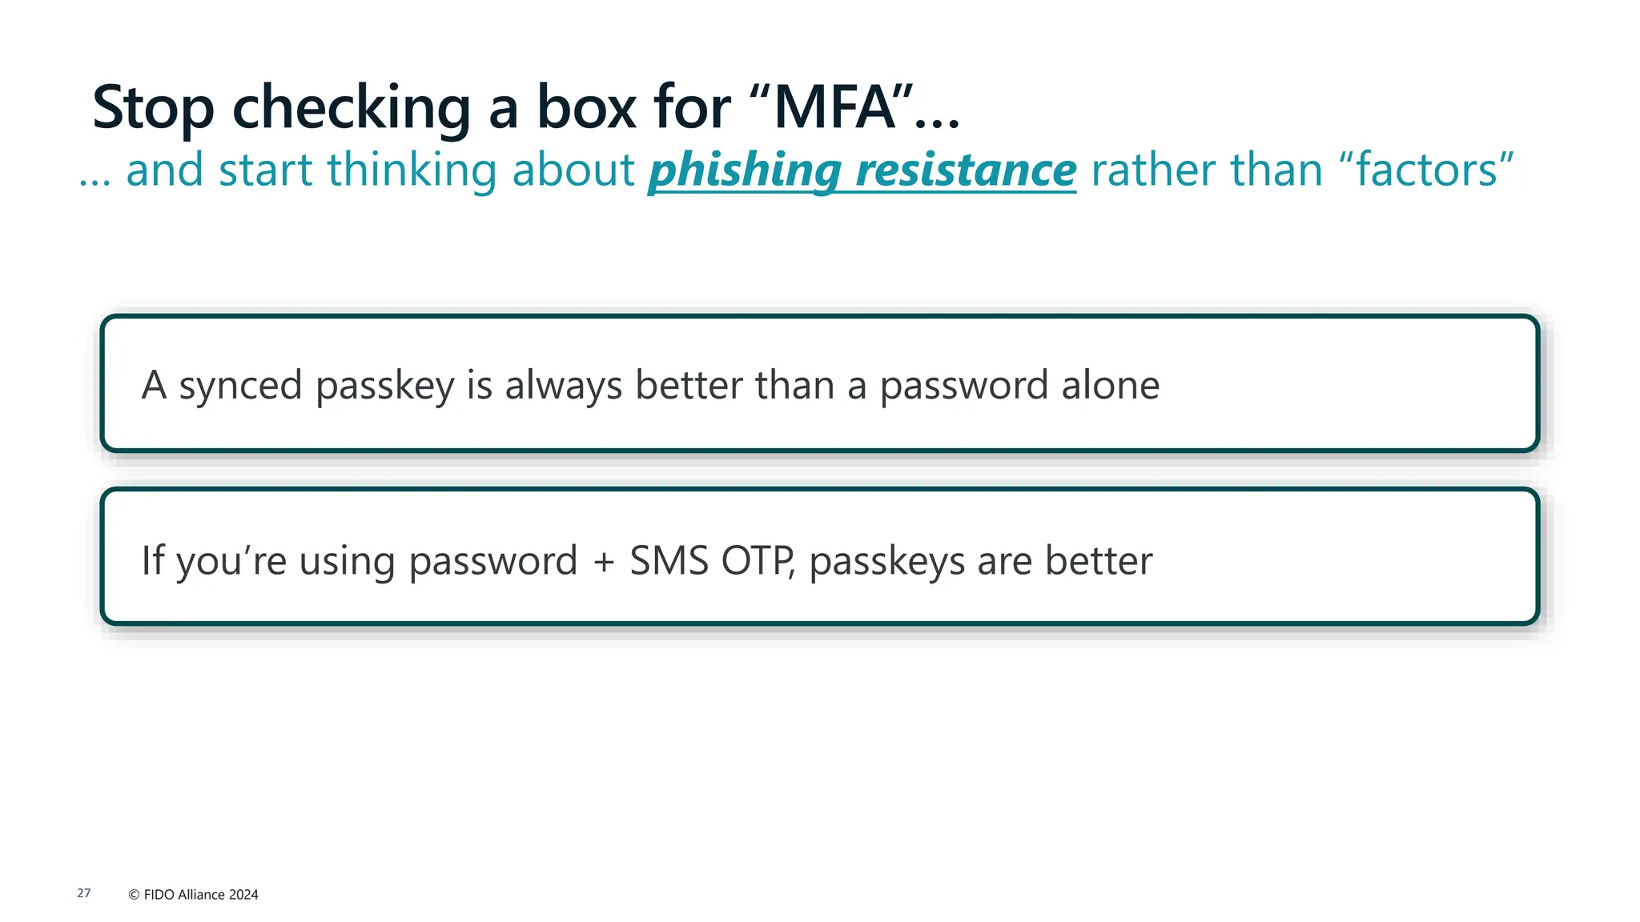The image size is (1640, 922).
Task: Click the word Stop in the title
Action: pos(153,108)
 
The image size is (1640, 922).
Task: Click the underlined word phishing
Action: pos(744,171)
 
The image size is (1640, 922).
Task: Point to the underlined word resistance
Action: pos(966,171)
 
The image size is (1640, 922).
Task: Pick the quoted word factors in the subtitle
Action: pos(1426,170)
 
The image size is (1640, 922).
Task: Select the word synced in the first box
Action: pos(240,386)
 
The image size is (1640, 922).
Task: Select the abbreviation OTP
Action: pos(757,561)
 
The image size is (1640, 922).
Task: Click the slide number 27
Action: pos(84,893)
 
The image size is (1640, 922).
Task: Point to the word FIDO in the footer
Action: pos(159,895)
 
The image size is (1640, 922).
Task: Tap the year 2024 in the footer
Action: pos(243,895)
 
